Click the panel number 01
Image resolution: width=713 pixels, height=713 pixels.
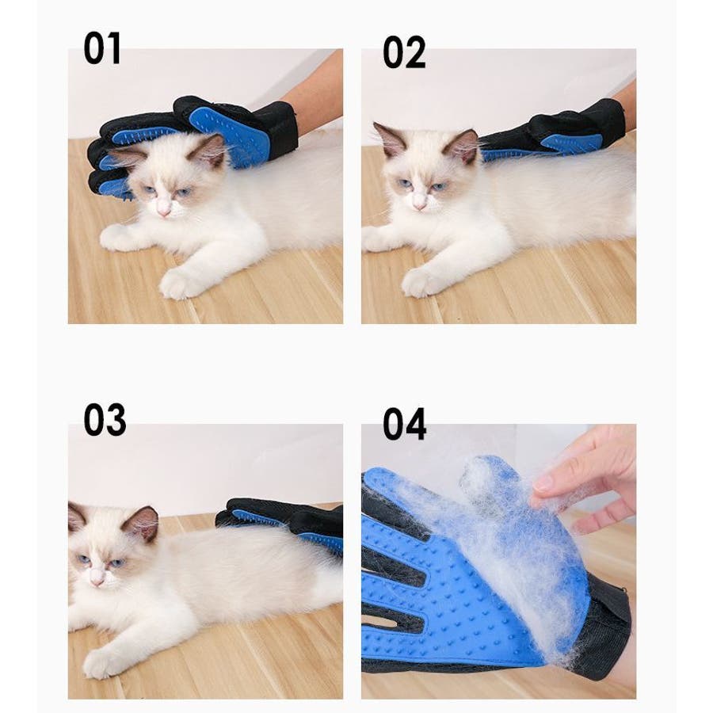(102, 48)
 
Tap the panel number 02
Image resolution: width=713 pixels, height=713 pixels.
(404, 52)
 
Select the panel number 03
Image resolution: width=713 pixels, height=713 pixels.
(105, 419)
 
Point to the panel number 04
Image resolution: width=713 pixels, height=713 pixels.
(404, 424)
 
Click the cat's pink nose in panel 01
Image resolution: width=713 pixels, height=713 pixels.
(163, 211)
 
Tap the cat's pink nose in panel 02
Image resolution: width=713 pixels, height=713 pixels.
(419, 206)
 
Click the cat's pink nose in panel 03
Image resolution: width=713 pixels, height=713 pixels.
(97, 581)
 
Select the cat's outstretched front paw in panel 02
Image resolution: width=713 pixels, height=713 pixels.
(421, 282)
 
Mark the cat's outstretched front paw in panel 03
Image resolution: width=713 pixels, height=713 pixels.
(102, 662)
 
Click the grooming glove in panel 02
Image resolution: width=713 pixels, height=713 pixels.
(552, 131)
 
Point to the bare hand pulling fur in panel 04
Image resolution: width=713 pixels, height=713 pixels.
(586, 478)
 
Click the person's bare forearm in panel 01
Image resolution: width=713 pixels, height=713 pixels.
(314, 91)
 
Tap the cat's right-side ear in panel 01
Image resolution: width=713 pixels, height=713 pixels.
(210, 150)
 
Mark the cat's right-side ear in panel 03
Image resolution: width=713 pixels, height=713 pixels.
(141, 523)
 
